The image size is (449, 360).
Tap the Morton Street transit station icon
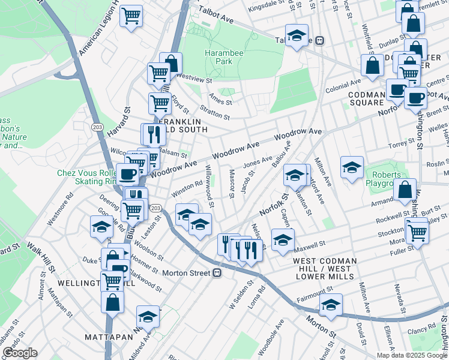click(x=217, y=272)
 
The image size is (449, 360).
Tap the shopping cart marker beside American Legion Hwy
click(x=131, y=16)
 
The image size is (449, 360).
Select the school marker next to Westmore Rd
click(x=101, y=226)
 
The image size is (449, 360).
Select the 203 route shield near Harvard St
click(x=96, y=127)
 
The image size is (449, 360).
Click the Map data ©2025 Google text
click(x=412, y=355)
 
